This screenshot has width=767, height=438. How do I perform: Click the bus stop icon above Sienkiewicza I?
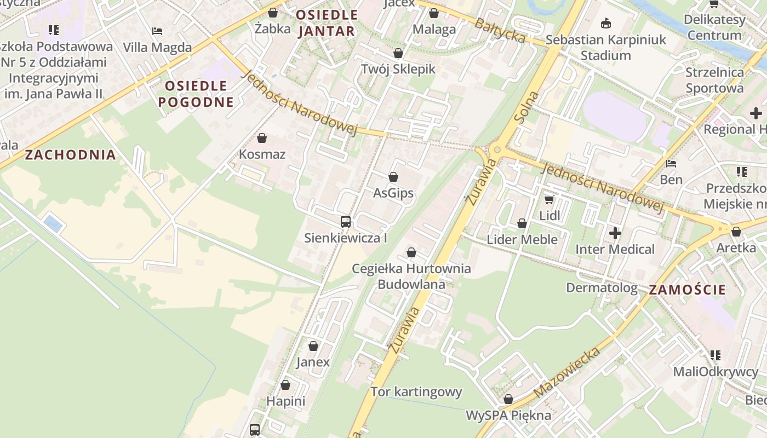pyautogui.click(x=346, y=222)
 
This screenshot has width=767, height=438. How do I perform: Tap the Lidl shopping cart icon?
pyautogui.click(x=549, y=200)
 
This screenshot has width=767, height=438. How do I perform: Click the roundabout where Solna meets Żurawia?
pyautogui.click(x=496, y=149)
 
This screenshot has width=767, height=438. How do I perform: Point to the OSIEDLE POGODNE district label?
pyautogui.click(x=196, y=94)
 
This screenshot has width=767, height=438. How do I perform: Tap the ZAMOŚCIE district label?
pyautogui.click(x=687, y=290)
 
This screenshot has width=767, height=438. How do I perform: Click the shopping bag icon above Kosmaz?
pyautogui.click(x=262, y=138)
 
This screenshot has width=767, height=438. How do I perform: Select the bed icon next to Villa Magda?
pyautogui.click(x=157, y=31)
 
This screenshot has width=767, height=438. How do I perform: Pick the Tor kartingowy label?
pyautogui.click(x=416, y=392)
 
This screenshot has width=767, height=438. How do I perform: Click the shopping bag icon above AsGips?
pyautogui.click(x=393, y=177)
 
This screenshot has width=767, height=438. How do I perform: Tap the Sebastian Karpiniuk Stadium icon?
pyautogui.click(x=606, y=24)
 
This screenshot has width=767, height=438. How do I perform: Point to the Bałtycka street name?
pyautogui.click(x=500, y=31)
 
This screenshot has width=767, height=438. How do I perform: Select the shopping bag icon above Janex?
pyautogui.click(x=313, y=346)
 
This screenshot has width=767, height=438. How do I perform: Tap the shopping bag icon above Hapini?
pyautogui.click(x=285, y=385)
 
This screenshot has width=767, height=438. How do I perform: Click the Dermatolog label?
pyautogui.click(x=602, y=288)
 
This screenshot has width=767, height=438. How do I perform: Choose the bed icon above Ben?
pyautogui.click(x=671, y=164)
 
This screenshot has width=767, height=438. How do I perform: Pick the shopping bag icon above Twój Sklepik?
pyautogui.click(x=398, y=53)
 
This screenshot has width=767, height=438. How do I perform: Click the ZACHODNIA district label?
pyautogui.click(x=71, y=155)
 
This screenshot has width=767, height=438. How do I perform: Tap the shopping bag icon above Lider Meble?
pyautogui.click(x=522, y=223)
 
